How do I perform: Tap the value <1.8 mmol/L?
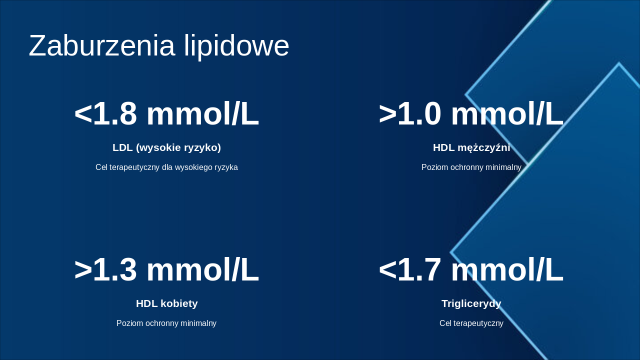[x=166, y=114]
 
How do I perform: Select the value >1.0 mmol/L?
[x=471, y=114]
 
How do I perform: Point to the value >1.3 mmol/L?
[x=166, y=270]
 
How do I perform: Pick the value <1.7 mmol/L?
[x=471, y=270]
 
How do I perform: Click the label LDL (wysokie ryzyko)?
[x=166, y=147]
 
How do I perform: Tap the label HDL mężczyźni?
[x=471, y=147]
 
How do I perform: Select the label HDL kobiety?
[x=166, y=303]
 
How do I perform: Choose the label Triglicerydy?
[x=471, y=303]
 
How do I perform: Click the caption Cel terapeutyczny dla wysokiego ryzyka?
[x=166, y=167]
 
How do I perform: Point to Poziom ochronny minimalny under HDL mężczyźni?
[x=471, y=167]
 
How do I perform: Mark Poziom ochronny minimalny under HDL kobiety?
[x=166, y=323]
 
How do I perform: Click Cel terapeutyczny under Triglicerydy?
[x=471, y=323]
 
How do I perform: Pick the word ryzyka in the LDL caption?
[x=226, y=167]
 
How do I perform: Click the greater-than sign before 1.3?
[x=83, y=270]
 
